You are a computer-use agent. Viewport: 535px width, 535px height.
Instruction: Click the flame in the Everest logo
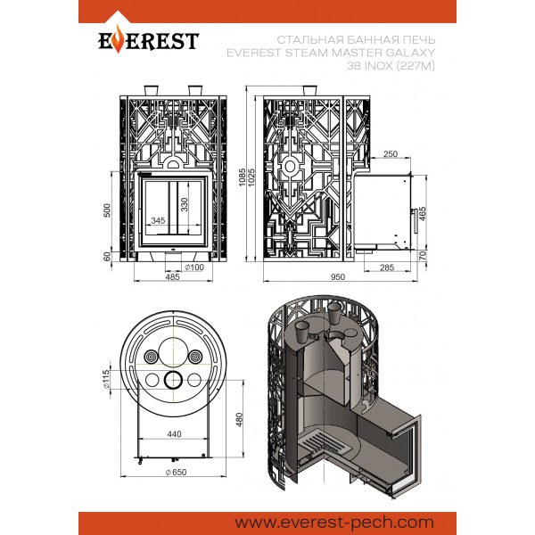click(x=118, y=39)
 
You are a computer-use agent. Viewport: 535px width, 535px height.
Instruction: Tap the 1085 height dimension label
click(x=242, y=177)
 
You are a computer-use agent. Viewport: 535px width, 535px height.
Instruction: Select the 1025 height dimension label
click(x=251, y=177)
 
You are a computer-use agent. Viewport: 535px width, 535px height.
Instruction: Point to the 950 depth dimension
click(x=338, y=276)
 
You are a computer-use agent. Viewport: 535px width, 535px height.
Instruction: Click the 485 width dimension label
click(x=172, y=276)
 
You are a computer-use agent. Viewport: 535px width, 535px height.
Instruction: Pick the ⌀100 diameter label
click(x=194, y=267)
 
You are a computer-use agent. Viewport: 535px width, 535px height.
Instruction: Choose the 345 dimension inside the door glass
click(x=158, y=220)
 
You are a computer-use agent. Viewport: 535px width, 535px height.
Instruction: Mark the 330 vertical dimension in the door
click(x=185, y=205)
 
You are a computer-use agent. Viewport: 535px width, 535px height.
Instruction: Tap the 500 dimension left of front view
click(x=107, y=210)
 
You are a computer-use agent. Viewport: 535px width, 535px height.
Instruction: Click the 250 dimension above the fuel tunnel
click(x=391, y=154)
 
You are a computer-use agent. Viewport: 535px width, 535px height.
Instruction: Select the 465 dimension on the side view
click(x=423, y=214)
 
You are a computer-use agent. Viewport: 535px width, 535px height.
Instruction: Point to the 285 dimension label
click(x=387, y=267)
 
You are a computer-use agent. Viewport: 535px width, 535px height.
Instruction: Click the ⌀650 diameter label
click(x=176, y=473)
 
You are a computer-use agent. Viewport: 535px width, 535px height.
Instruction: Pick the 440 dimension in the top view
click(x=175, y=434)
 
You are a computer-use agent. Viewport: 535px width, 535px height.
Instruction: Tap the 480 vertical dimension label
click(x=239, y=420)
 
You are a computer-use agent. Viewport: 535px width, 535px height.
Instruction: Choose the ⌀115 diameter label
click(x=106, y=379)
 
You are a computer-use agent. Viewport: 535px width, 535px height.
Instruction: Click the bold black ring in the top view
click(x=174, y=371)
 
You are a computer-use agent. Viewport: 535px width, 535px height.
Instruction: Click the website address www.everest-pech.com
click(x=334, y=523)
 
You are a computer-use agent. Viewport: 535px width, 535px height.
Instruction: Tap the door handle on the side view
click(x=416, y=221)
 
